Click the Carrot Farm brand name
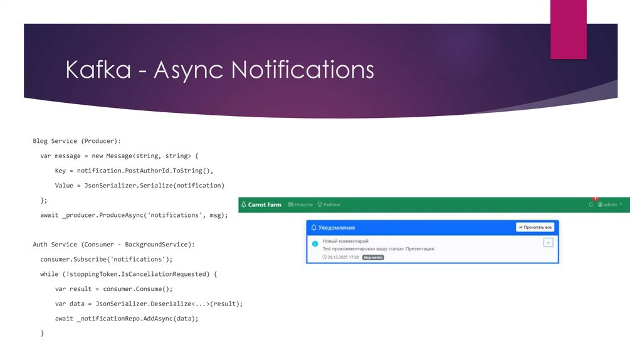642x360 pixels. (x=265, y=204)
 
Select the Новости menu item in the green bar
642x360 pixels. (x=300, y=204)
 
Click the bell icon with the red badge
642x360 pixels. (x=591, y=204)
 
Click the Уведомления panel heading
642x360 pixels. (x=337, y=227)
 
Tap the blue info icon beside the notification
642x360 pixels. (x=315, y=243)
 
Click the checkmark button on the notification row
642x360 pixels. (x=548, y=242)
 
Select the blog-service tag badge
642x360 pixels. (x=373, y=257)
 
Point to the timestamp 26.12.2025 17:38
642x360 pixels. (x=340, y=257)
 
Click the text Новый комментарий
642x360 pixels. (x=345, y=241)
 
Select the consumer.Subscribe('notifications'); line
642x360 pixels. (x=106, y=258)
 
